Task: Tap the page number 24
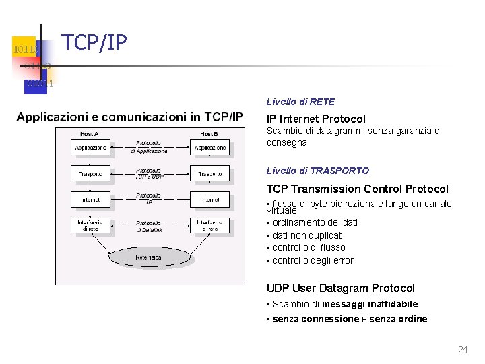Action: (x=463, y=349)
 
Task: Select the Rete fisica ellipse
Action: (x=148, y=257)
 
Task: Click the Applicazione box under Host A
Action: (x=90, y=148)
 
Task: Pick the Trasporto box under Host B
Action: (x=210, y=174)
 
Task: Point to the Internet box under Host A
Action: (x=90, y=200)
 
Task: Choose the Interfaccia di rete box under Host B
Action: (x=210, y=225)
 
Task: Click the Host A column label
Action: (x=90, y=133)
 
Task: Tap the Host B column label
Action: (x=210, y=133)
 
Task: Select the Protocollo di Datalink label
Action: (x=148, y=226)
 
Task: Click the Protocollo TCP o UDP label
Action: (x=148, y=174)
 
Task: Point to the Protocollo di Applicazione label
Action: (x=148, y=147)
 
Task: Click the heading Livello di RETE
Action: (x=300, y=102)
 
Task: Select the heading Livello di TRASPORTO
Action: (x=318, y=171)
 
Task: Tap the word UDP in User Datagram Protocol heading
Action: (x=278, y=288)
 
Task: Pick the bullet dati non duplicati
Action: (x=307, y=235)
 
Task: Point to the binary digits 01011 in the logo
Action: (x=40, y=83)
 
